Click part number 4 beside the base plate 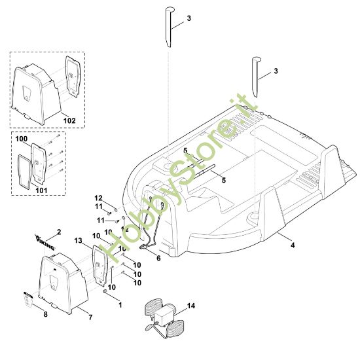293,245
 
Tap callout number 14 191,306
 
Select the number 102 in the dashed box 69,120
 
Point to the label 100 22,139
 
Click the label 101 41,190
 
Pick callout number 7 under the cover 90,317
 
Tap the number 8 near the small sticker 45,314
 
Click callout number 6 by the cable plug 158,258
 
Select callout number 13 78,241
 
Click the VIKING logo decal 45,242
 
